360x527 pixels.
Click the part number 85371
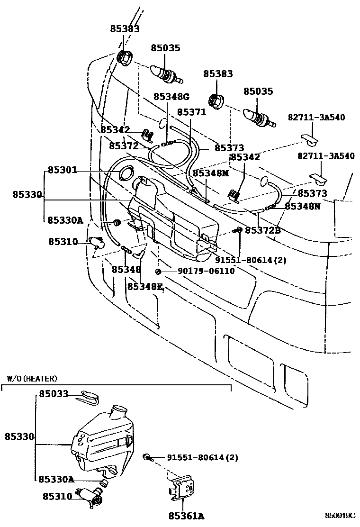click(x=191, y=112)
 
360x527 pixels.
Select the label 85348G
click(x=171, y=97)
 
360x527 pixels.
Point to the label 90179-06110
click(x=199, y=271)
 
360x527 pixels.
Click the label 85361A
click(x=186, y=516)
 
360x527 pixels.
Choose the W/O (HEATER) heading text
click(x=32, y=379)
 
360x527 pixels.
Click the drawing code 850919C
click(x=340, y=515)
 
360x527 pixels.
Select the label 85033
click(x=54, y=394)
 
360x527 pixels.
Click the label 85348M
click(x=210, y=173)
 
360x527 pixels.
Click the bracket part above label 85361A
click(x=183, y=488)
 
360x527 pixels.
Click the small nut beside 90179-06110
click(x=159, y=271)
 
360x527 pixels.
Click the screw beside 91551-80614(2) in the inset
click(x=147, y=457)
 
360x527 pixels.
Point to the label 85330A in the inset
click(x=55, y=479)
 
